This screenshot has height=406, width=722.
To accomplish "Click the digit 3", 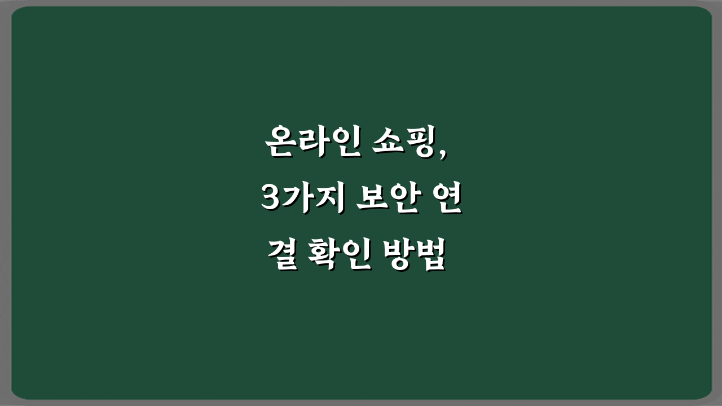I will (x=270, y=200).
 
